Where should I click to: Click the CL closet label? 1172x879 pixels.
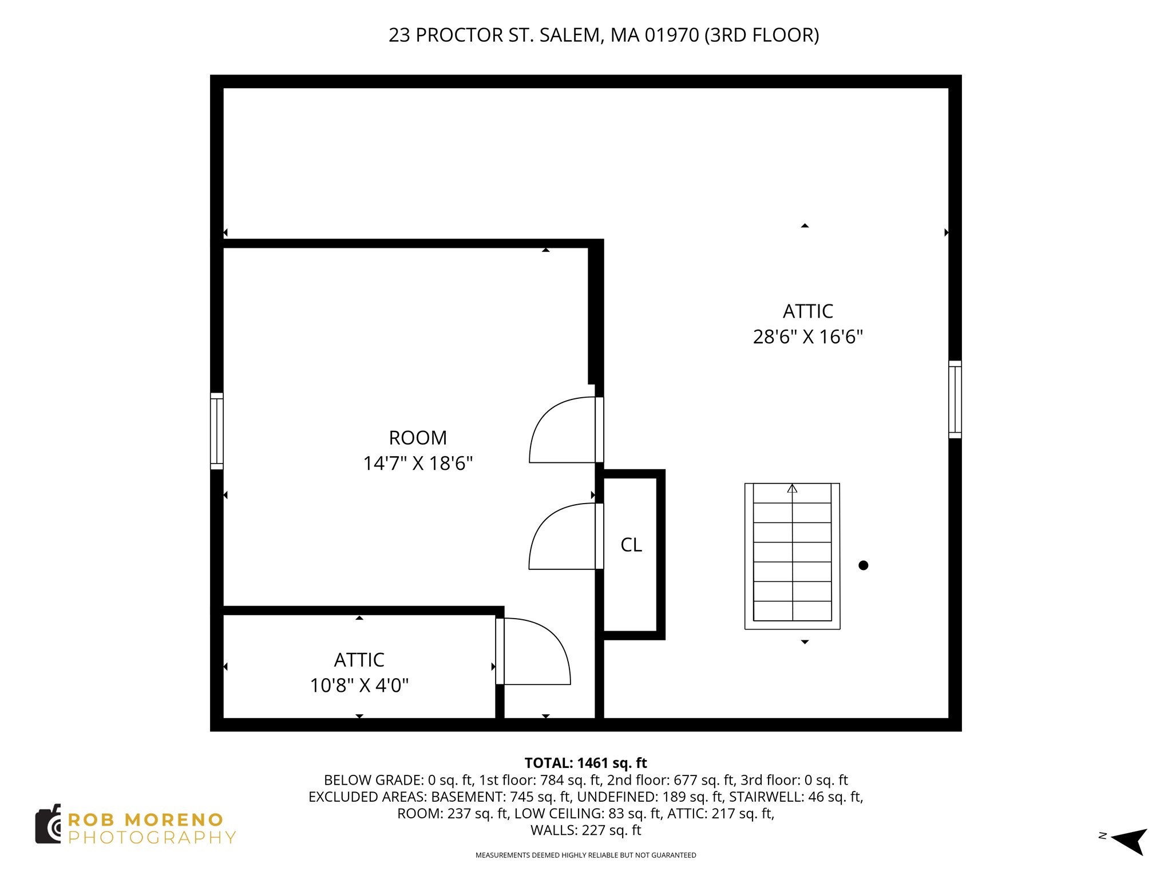coord(631,545)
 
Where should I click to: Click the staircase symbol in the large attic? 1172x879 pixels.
coord(792,556)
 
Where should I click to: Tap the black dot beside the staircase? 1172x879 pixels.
coord(864,565)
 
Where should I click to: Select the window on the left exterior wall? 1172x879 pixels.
coord(216,431)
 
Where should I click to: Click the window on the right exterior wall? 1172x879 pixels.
coord(955,399)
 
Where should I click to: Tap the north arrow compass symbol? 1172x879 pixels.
coord(1129,841)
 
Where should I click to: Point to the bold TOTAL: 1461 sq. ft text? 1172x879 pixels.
coord(585,763)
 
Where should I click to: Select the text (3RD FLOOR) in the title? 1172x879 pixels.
coord(762,35)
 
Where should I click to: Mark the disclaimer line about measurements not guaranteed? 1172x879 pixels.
coord(586,855)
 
